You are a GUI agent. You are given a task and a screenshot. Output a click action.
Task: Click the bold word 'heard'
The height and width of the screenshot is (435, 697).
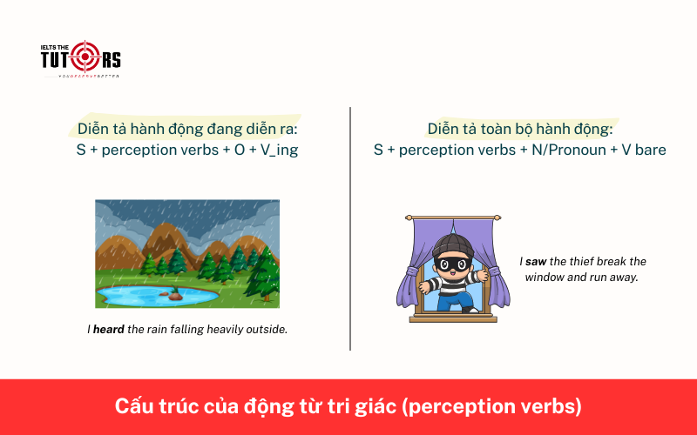coord(109,330)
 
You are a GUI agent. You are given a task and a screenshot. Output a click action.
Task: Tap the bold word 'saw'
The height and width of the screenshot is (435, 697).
coord(536,261)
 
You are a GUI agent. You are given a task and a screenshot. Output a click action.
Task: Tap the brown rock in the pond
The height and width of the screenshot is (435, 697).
coord(176,296)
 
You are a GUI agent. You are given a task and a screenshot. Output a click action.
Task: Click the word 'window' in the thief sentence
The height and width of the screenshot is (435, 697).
coord(545,277)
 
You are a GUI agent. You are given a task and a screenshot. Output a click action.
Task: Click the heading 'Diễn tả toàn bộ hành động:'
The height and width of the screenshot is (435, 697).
coord(519,129)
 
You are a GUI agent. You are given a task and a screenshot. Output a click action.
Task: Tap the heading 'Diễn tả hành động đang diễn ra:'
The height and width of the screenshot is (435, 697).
coord(187,129)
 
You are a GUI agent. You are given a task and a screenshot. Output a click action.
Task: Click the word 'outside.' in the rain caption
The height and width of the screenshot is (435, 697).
coord(263,330)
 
